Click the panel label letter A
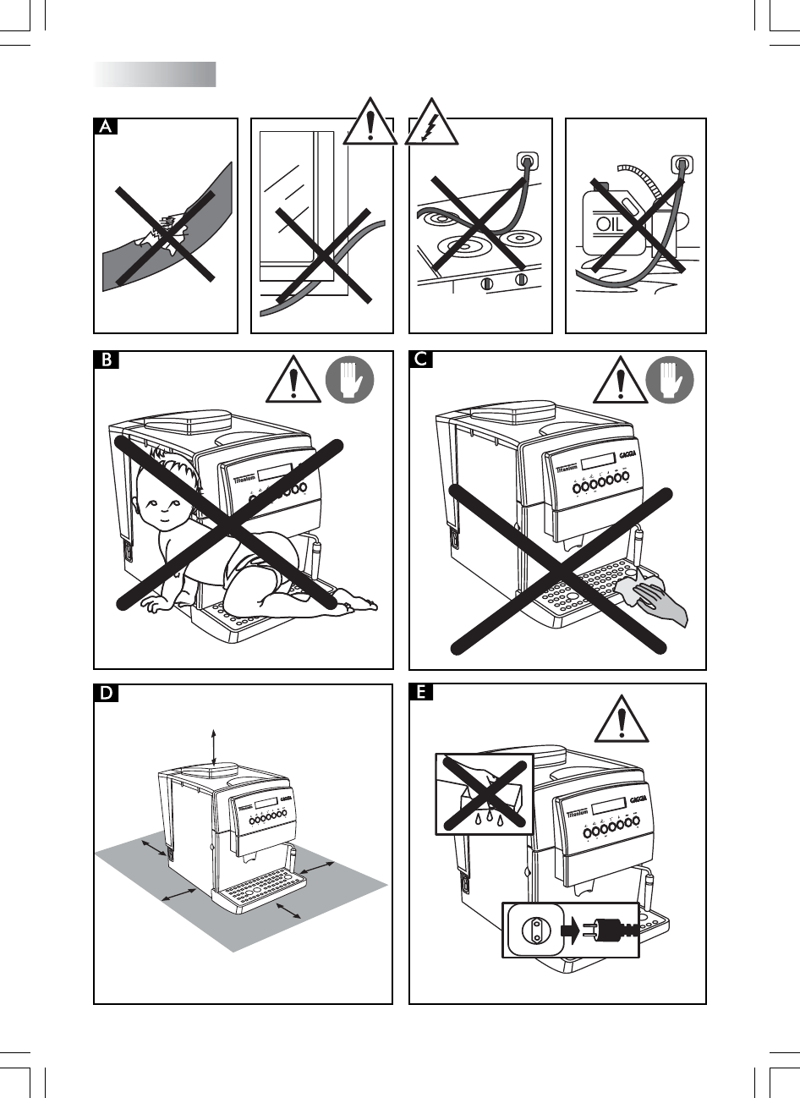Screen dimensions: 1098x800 105,127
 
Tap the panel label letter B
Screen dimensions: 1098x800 105,360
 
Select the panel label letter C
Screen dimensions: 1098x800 420,360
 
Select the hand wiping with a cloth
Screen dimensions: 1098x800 655,601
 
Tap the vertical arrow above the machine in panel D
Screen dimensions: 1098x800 214,744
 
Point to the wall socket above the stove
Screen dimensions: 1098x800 528,160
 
